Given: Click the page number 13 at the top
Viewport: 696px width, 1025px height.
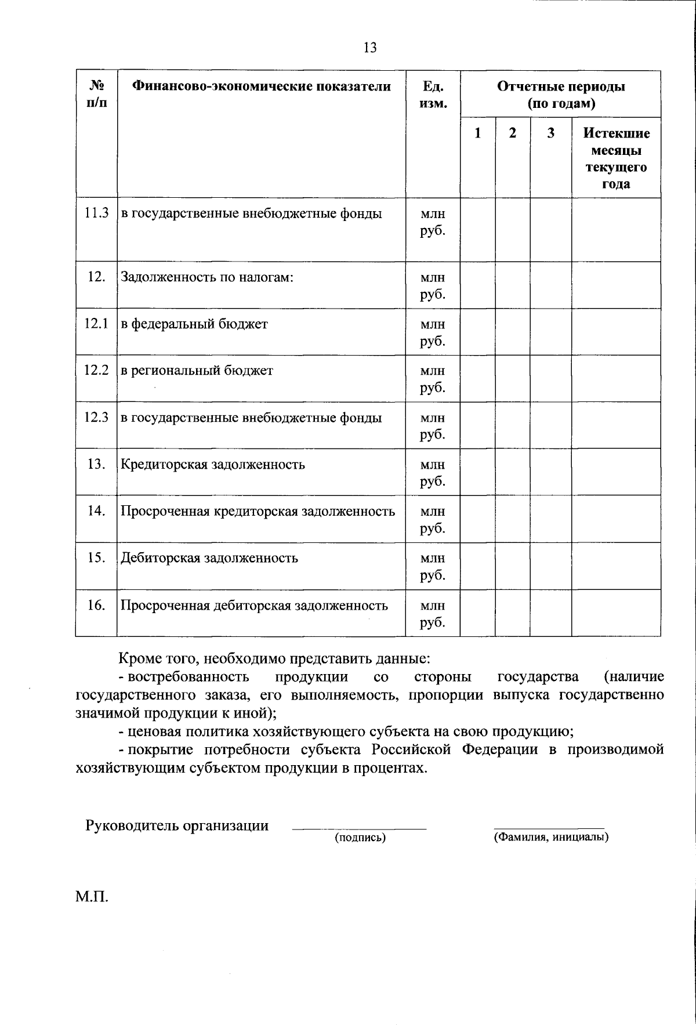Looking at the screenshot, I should click(370, 48).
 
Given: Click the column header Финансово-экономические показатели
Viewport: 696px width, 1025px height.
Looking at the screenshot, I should click(262, 86).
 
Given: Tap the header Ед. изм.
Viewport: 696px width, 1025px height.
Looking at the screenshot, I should click(433, 95).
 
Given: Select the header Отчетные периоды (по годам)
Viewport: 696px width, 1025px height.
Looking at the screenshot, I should click(560, 95).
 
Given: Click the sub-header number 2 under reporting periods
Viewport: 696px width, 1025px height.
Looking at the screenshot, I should click(512, 133).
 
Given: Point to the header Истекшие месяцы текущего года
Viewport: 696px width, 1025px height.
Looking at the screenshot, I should click(616, 158).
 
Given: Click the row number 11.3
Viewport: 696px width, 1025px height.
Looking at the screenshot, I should click(96, 213).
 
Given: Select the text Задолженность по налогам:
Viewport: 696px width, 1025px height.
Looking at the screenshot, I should click(207, 277).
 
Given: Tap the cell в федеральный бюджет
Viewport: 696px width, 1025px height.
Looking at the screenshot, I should click(194, 324).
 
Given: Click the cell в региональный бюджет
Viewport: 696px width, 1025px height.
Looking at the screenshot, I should click(197, 370).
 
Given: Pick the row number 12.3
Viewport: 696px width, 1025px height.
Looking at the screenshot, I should click(96, 417).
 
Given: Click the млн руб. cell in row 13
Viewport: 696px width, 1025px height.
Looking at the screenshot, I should click(433, 472).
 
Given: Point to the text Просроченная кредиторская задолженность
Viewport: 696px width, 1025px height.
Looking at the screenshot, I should click(258, 511).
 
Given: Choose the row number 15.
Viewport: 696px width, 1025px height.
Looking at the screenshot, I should click(96, 557).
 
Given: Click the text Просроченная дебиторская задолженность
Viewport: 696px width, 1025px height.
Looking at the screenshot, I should click(254, 606).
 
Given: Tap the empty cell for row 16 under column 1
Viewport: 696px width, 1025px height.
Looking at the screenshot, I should click(477, 613).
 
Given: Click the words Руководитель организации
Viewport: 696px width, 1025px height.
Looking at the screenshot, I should click(177, 825).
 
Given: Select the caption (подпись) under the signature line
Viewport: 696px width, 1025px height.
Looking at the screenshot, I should click(360, 838).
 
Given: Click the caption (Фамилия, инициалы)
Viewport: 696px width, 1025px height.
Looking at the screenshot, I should click(550, 838).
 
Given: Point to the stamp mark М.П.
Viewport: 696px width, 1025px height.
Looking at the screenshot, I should click(92, 897).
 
